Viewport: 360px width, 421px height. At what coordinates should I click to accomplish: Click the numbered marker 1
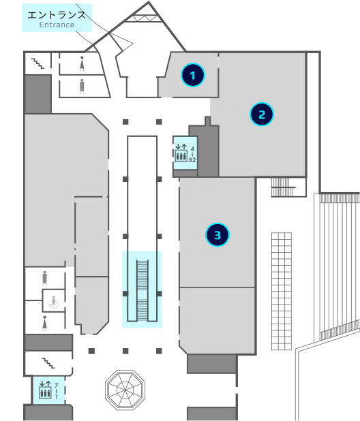193,75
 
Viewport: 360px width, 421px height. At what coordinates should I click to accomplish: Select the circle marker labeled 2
262,114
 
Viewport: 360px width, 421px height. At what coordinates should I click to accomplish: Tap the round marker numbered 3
217,235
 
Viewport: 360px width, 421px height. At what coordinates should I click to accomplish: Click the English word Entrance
57,25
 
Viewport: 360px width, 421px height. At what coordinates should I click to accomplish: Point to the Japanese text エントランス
57,15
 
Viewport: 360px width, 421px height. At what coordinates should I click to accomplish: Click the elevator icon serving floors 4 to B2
181,153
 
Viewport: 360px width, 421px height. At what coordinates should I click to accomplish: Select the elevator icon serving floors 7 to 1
45,390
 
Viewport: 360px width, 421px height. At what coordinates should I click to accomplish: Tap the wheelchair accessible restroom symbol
54,302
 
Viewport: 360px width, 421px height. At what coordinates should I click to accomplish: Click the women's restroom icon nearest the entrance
82,63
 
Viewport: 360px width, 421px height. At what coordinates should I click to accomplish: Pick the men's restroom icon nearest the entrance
82,86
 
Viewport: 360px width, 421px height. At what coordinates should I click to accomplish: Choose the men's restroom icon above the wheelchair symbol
44,278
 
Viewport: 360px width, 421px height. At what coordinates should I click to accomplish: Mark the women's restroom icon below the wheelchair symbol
45,323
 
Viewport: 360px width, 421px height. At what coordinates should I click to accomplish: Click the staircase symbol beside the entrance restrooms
38,63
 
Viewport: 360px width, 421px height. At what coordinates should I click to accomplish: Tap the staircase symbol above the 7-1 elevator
48,363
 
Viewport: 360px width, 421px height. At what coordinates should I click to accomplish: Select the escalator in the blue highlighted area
142,290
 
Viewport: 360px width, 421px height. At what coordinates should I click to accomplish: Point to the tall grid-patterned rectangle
282,292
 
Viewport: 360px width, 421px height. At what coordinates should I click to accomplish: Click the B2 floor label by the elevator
192,160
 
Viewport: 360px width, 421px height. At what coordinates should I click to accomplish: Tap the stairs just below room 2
284,187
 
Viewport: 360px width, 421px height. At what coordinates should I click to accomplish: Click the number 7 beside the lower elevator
57,386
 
